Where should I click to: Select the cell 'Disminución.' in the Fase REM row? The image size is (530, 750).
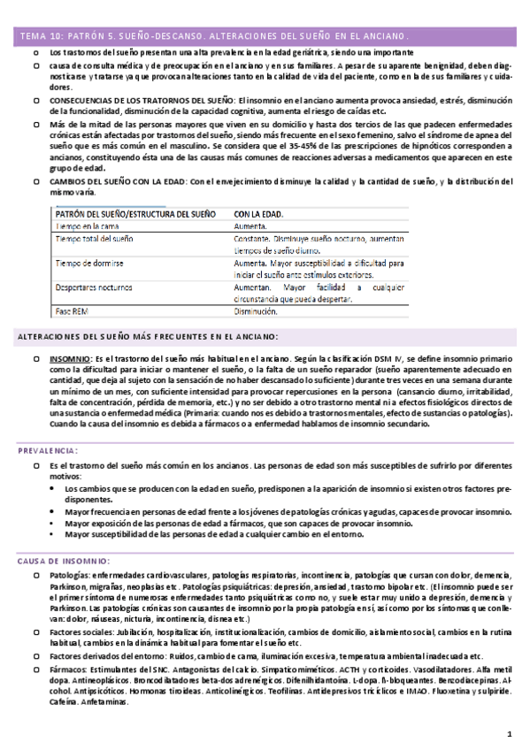[262, 311]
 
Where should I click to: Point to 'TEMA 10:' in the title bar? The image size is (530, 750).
[40, 37]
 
